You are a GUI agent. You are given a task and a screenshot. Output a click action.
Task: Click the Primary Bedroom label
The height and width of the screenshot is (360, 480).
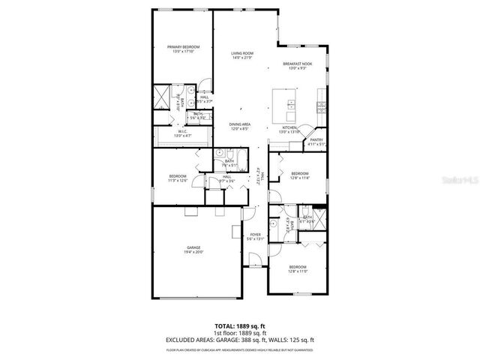(x=183, y=47)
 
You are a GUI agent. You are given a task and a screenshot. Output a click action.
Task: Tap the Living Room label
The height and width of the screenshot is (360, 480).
(x=241, y=53)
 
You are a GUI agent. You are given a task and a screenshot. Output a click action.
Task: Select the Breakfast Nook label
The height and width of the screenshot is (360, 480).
(x=298, y=64)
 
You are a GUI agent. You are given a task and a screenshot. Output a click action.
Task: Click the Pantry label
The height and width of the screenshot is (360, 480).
(x=316, y=139)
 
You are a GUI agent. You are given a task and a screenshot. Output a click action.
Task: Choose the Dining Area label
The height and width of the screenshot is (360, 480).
(x=240, y=124)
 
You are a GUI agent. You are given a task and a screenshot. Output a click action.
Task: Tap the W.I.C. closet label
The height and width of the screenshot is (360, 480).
(x=182, y=131)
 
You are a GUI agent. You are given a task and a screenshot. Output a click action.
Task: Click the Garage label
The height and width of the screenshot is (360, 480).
(x=194, y=247)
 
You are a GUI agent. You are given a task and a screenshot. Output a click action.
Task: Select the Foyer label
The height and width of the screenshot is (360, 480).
(x=255, y=235)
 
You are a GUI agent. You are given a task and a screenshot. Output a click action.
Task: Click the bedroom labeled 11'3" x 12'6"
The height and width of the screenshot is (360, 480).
(x=177, y=178)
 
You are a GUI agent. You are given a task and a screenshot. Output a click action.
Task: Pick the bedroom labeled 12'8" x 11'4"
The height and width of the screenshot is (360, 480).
(x=299, y=175)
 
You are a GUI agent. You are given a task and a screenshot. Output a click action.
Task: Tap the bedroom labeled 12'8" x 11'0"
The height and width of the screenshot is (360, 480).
(x=298, y=266)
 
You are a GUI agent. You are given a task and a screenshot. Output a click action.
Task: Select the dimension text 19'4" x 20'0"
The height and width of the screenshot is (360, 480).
(x=194, y=252)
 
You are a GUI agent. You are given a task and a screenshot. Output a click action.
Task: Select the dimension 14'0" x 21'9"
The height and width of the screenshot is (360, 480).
(x=241, y=58)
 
